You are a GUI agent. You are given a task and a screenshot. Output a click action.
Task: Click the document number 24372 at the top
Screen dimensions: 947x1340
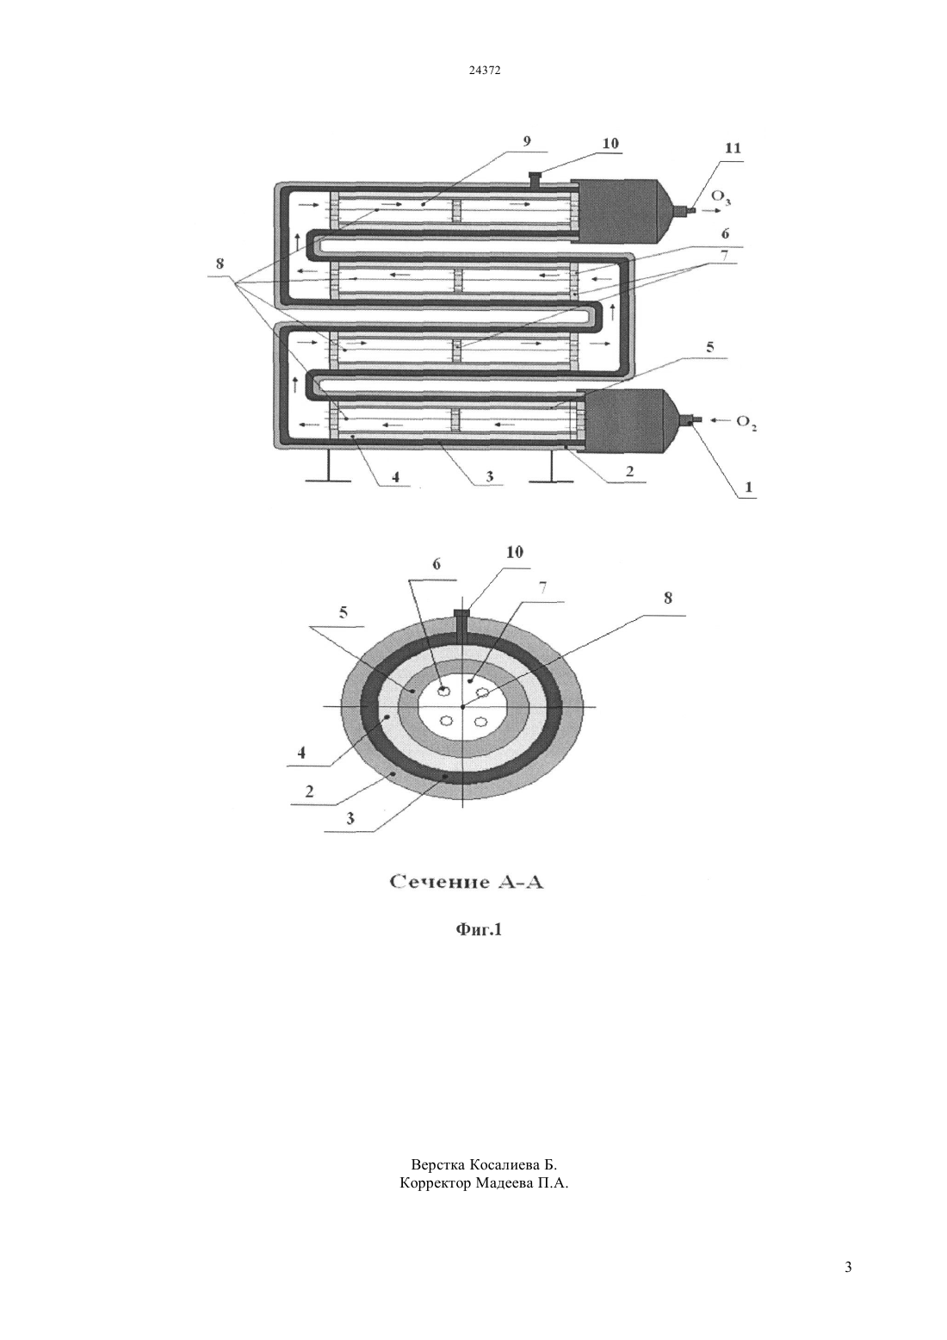tap(485, 70)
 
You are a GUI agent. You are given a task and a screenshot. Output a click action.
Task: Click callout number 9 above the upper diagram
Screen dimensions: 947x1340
tap(526, 141)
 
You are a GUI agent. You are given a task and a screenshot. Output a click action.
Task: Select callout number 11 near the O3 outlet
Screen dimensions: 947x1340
tap(733, 148)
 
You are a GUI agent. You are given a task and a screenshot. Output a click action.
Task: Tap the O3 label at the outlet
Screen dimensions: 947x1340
tap(721, 197)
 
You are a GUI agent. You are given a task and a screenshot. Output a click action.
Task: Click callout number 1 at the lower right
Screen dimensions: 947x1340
tap(747, 487)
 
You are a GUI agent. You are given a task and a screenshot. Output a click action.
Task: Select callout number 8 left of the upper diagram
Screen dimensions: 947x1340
tap(220, 264)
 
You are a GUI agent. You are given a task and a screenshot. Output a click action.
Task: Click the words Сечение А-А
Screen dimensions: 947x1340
tap(467, 883)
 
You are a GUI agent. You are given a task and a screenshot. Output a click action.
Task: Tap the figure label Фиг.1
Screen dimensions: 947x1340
tap(479, 929)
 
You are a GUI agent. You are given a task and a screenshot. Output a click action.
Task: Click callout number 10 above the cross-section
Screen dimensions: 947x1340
tap(515, 552)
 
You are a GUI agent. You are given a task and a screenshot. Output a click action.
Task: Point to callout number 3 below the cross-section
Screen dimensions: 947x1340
tap(350, 818)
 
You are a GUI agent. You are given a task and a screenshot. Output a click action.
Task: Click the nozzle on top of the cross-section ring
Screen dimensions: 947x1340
tap(461, 624)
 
